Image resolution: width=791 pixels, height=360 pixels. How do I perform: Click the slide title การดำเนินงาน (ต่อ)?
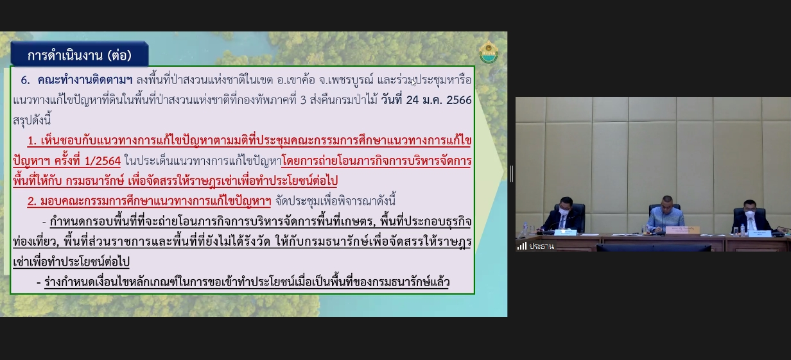[x=80, y=55]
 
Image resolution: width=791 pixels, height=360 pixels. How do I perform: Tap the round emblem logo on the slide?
[x=489, y=52]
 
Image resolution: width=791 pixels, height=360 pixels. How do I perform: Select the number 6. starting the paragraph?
[x=25, y=80]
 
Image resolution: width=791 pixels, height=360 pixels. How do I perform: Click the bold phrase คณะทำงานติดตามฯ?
[x=85, y=80]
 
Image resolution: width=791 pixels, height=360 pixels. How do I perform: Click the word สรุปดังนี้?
[x=32, y=121]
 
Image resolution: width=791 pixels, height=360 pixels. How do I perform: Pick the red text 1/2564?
[x=103, y=161]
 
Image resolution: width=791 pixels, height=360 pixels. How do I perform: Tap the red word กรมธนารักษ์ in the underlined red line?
[x=95, y=181]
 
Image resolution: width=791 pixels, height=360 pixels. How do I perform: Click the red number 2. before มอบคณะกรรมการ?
[x=32, y=201]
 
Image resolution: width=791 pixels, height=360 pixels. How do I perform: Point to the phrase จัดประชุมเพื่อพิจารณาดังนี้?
[x=335, y=201]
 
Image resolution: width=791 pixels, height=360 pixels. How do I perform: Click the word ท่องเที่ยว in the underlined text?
[x=35, y=242]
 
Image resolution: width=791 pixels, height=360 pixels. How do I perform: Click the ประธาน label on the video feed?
[x=542, y=246]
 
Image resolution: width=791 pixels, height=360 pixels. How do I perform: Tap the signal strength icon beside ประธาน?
[x=522, y=246]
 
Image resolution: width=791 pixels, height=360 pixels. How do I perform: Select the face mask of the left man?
[x=564, y=211]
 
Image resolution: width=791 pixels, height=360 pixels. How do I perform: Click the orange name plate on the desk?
[x=682, y=230]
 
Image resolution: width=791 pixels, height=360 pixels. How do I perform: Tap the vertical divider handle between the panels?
[x=511, y=174]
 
